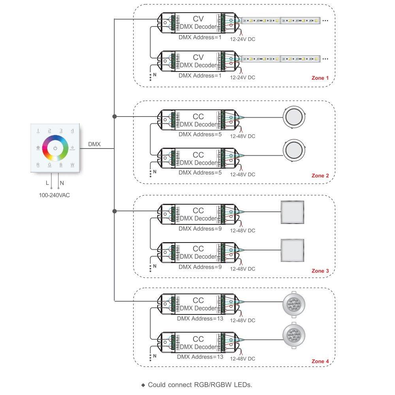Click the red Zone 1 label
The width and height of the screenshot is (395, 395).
[x=320, y=78]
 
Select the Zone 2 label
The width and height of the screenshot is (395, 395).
[x=320, y=175]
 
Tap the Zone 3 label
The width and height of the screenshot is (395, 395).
[x=320, y=271]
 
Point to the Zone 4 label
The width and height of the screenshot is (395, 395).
[x=320, y=361]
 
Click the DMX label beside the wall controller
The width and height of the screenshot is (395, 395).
[x=94, y=145]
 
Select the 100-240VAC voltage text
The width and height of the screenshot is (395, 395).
[x=54, y=195]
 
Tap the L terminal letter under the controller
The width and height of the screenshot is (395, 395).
[x=47, y=183]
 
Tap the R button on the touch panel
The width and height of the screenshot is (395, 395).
[x=38, y=165]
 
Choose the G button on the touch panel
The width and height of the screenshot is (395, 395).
[x=50, y=165]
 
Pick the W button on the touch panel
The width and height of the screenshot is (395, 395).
[x=72, y=165]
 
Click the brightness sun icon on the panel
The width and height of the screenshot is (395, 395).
[x=72, y=148]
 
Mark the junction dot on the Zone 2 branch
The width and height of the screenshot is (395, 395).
[x=114, y=117]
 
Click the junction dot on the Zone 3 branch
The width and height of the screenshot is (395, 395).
[x=114, y=211]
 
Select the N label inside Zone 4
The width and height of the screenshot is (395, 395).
[x=155, y=356]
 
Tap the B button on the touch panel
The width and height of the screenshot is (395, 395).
[x=61, y=165]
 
